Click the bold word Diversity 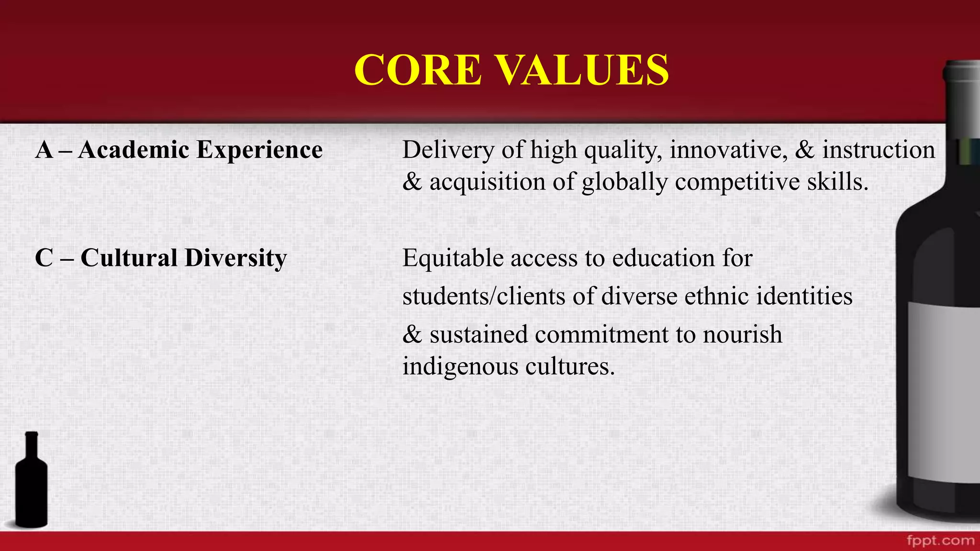pyautogui.click(x=235, y=259)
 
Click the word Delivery pyautogui.click(x=448, y=150)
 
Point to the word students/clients pyautogui.click(x=484, y=296)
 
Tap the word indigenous pyautogui.click(x=460, y=367)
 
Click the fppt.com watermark pyautogui.click(x=940, y=541)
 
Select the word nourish pyautogui.click(x=742, y=334)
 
